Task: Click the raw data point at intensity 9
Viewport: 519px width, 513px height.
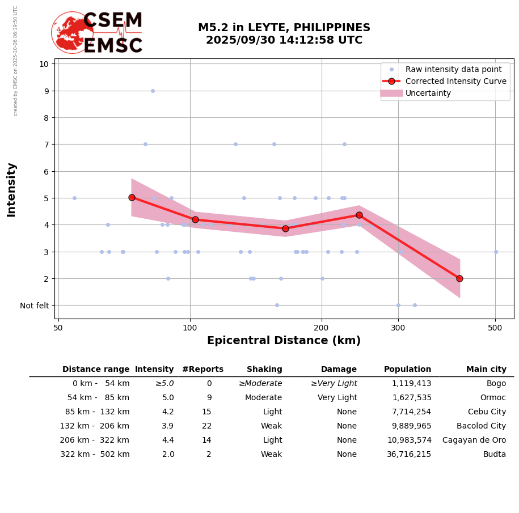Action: (153, 91)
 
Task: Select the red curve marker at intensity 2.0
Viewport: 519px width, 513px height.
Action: (459, 278)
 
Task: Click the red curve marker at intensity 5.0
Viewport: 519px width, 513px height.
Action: (132, 197)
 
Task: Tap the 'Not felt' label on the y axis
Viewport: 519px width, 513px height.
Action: (35, 306)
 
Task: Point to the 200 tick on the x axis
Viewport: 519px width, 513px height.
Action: (322, 327)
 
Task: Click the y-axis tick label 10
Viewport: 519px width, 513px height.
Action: (44, 63)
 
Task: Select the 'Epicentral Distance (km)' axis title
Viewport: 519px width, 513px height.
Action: (284, 341)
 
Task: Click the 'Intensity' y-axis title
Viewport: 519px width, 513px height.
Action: (11, 189)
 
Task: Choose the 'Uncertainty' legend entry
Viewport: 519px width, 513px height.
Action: (428, 93)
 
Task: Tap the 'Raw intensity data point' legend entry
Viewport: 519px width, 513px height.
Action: (453, 69)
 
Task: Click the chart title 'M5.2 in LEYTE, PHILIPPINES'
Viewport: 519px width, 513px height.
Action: (284, 28)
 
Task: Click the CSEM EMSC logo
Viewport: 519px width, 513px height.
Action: (97, 33)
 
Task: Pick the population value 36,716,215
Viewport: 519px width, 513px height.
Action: (411, 455)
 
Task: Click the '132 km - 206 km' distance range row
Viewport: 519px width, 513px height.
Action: (95, 426)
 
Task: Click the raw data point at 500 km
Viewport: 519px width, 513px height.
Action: (496, 252)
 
